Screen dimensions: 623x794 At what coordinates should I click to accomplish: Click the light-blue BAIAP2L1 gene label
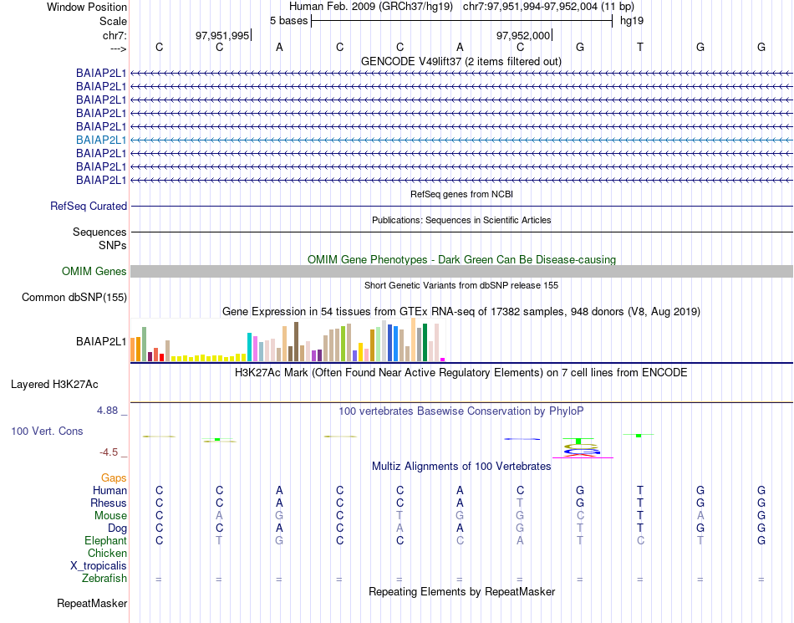(x=101, y=140)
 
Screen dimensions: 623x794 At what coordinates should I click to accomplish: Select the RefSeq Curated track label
(x=89, y=206)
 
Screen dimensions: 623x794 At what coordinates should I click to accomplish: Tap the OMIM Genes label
(x=94, y=271)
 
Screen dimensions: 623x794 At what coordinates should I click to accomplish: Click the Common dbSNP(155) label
(x=74, y=297)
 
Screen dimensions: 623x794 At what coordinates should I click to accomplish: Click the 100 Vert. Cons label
(x=47, y=431)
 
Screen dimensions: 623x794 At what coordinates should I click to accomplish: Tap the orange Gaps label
(x=114, y=477)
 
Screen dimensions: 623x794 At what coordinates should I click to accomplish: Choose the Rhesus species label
(x=109, y=503)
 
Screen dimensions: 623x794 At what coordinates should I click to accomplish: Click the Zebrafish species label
(x=104, y=578)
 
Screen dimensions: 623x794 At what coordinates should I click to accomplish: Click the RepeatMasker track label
(x=92, y=603)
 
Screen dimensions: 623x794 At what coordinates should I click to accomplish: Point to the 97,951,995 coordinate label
(x=221, y=35)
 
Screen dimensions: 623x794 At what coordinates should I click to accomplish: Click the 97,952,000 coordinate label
(x=523, y=35)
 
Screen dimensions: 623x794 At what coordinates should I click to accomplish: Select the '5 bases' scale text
(x=288, y=20)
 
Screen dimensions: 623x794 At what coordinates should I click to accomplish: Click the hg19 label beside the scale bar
(x=631, y=20)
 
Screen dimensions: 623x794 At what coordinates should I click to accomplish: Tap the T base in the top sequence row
(x=640, y=47)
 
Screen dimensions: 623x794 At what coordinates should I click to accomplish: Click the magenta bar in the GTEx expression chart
(x=442, y=359)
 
